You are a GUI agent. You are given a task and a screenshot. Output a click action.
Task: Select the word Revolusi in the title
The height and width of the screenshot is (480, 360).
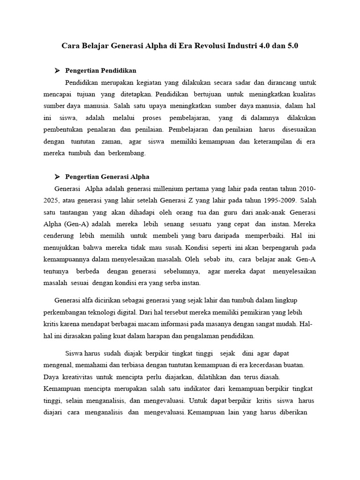coord(209,46)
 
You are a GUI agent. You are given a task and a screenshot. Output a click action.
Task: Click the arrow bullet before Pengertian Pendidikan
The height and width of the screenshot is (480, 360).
coord(57,70)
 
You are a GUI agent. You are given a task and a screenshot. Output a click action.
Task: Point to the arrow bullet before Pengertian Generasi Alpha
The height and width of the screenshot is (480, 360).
coord(57,177)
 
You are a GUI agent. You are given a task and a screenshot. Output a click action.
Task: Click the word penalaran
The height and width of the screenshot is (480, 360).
coord(102,129)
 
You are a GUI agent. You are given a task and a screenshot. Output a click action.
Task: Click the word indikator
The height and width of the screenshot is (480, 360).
coord(194,389)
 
